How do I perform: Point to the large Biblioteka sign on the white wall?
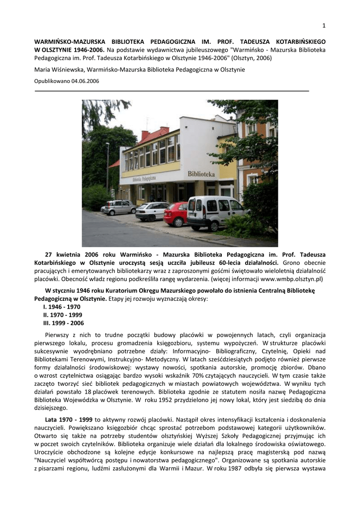(x=201, y=174)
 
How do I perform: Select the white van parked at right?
(x=215, y=212)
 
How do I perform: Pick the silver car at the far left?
(x=118, y=207)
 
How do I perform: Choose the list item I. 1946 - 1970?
(x=62, y=307)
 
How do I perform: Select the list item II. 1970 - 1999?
(x=62, y=315)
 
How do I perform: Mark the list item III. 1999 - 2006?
(x=63, y=323)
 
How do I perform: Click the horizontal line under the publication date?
(x=172, y=91)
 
